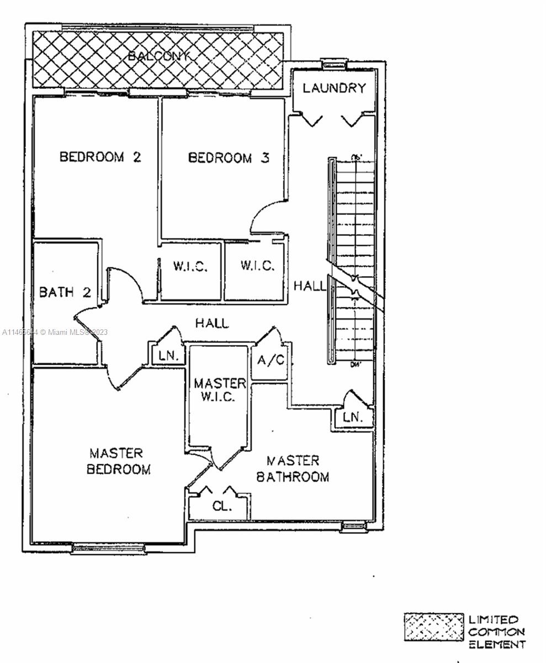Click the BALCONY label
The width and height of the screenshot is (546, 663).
160,56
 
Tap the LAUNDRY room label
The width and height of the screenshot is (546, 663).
334,88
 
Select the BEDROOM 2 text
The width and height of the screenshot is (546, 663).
100,157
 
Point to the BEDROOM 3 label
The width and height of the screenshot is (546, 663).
229,158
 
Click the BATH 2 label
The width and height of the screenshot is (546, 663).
65,292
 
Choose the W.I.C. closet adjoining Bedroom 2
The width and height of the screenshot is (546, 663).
190,266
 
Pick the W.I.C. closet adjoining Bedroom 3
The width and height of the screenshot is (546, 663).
257,266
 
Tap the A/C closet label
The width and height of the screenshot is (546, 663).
271,360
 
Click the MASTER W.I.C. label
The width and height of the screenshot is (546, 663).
220,390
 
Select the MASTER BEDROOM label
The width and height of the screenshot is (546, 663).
118,461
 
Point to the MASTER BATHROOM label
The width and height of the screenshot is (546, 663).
293,469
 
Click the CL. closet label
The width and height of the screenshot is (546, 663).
222,506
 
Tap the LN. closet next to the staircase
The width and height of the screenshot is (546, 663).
353,418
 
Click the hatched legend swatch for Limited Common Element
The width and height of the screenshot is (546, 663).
434,627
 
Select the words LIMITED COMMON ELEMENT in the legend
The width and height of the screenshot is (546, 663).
496,632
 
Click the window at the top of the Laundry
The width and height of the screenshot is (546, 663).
334,62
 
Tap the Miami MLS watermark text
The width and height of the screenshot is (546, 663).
55,332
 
